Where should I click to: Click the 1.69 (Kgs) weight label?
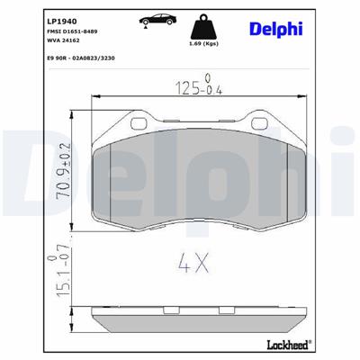(203, 44)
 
